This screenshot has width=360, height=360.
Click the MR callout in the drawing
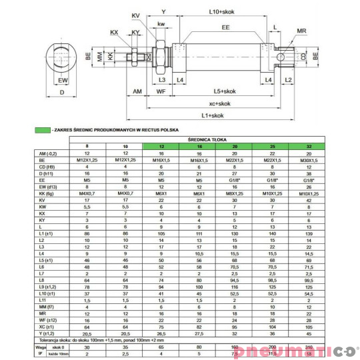301,31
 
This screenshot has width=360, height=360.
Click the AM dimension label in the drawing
137,91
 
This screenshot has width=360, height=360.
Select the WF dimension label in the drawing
160,91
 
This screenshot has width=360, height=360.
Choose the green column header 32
308,146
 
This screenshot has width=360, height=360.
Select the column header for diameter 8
86,146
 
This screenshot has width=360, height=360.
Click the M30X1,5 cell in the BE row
308,160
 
